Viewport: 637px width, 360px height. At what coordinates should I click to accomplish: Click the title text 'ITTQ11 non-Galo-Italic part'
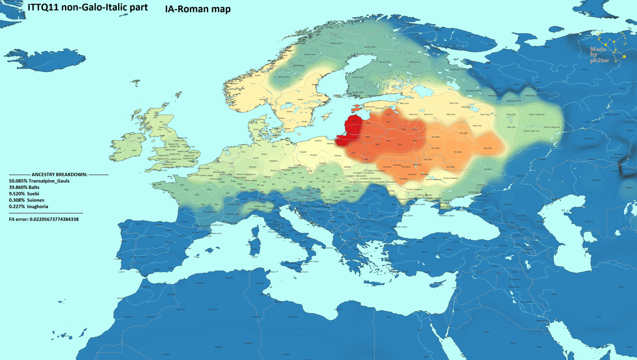[x=87, y=8]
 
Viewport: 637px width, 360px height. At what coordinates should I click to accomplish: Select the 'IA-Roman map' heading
[x=198, y=9]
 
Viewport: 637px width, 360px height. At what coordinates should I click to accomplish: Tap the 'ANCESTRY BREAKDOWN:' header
[x=59, y=175]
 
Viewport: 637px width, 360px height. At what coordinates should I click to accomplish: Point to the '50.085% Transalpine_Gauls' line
[x=39, y=181]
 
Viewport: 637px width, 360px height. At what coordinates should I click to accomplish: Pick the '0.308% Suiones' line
[x=27, y=200]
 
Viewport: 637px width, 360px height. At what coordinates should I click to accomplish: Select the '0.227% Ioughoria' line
[x=29, y=206]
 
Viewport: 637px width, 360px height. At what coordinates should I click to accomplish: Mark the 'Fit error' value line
[x=44, y=219]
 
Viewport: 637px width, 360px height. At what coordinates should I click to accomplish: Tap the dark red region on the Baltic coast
[x=351, y=130]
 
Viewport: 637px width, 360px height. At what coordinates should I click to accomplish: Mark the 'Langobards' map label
[x=273, y=161]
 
